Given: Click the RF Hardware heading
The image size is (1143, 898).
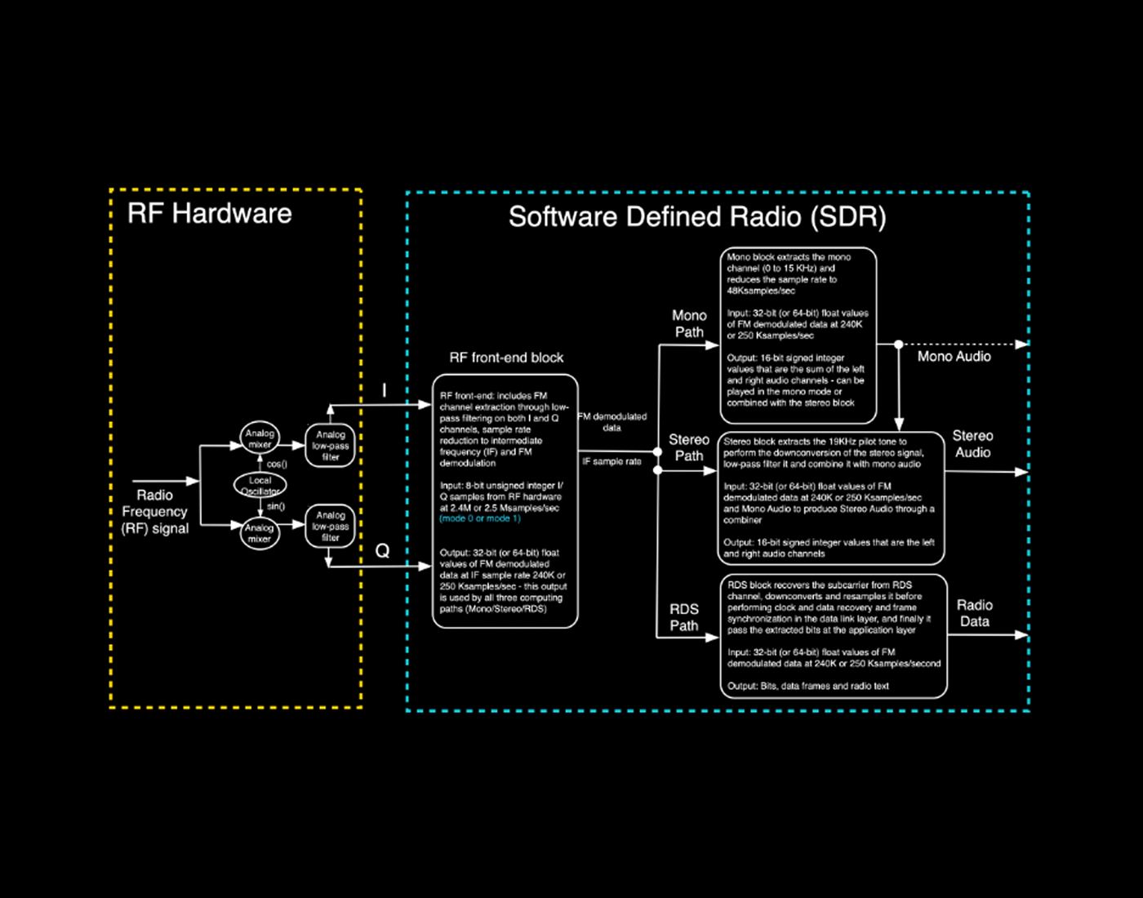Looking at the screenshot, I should coord(209,214).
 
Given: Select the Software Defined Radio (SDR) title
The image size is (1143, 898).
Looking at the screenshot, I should coord(696,217).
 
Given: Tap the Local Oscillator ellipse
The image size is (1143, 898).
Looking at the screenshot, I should coord(260,485).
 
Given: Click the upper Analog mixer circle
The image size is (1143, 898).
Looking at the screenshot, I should coord(260,438).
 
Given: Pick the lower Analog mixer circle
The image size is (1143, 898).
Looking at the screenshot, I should coord(260,533).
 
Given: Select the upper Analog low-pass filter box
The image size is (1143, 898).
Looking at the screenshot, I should coord(330,446).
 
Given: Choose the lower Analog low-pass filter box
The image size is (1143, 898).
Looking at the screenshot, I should coord(330,526).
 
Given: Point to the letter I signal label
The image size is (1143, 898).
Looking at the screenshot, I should coord(385,391).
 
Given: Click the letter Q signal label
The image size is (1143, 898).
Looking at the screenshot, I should coord(382,551).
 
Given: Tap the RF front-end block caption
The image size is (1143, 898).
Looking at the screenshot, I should coord(506,358).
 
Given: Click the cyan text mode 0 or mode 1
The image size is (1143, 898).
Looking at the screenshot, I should coord(479,518).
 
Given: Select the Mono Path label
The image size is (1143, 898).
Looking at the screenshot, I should coord(689,323).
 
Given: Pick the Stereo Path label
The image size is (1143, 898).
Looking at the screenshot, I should coord(689,447).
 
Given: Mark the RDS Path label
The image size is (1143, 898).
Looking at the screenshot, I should coord(684,617).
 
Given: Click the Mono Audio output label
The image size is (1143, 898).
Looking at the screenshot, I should coord(954,357).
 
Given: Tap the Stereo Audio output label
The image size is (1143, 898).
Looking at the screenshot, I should coord(972,444).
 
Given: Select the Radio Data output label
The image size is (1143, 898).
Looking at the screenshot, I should coord(974,613).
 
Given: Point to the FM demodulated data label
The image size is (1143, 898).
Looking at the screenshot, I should coord(612,422).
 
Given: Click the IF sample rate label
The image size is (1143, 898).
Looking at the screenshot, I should coord(612,461).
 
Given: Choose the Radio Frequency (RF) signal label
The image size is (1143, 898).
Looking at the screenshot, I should coord(155,512).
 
